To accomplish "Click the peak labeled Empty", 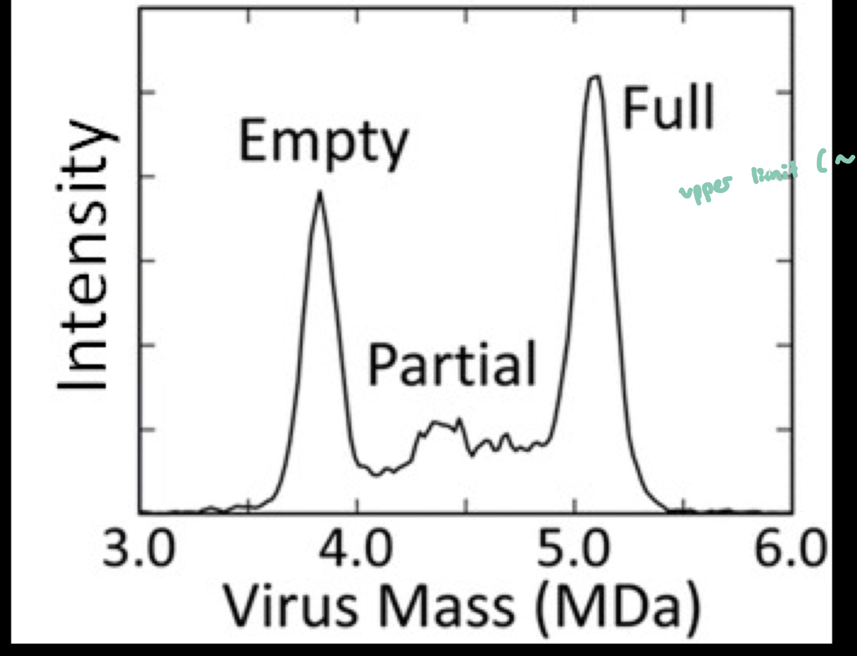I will (x=319, y=195).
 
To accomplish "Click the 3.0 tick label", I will (x=139, y=549).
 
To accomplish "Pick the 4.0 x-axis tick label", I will (x=357, y=549).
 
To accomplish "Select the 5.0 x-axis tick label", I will (x=574, y=549).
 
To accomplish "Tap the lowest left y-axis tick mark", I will (x=148, y=429).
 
